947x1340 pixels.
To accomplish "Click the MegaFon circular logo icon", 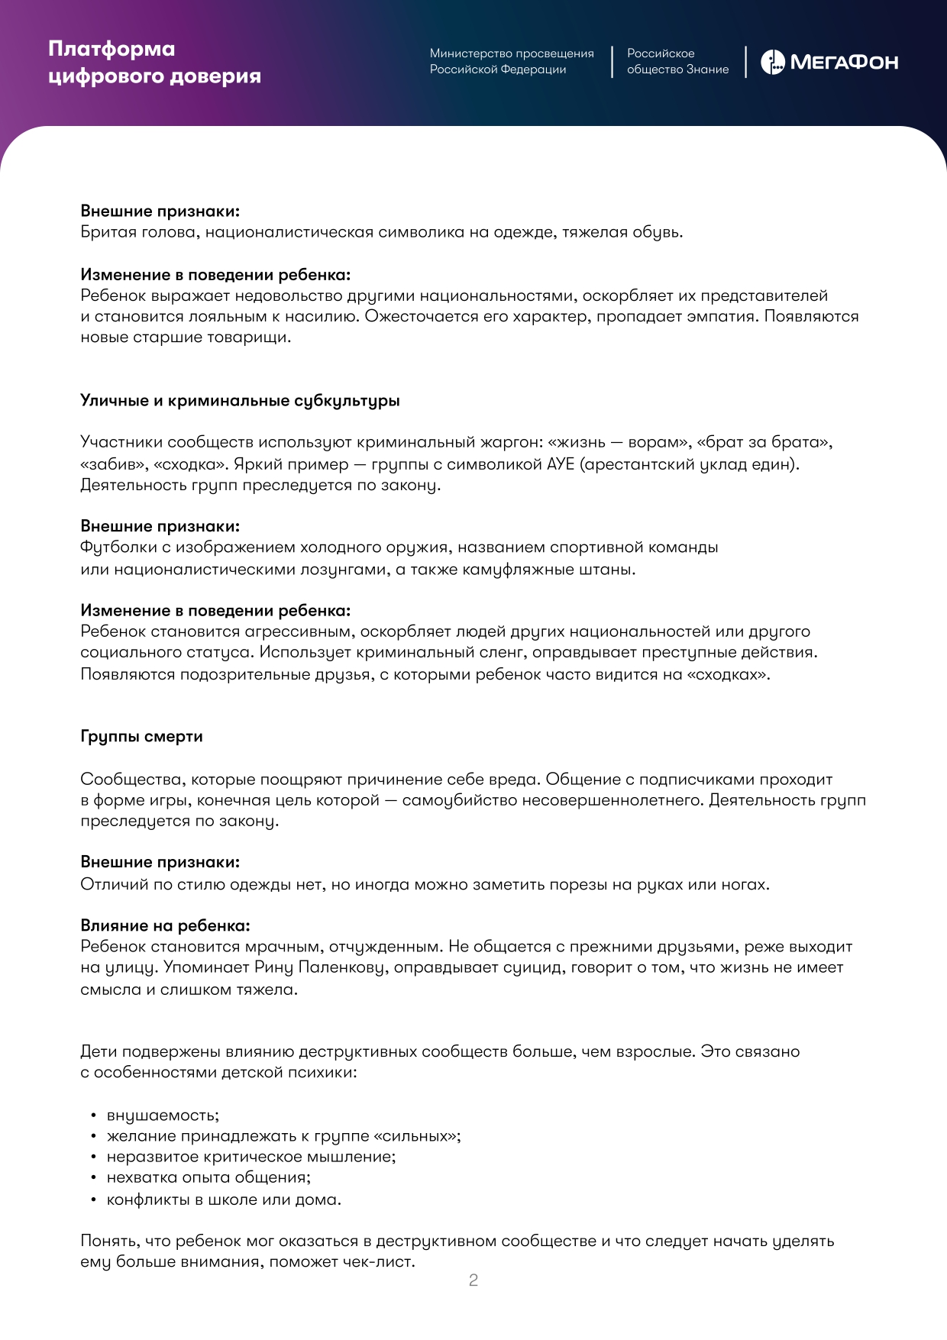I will coord(773,62).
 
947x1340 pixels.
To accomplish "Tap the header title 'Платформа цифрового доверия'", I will coord(154,62).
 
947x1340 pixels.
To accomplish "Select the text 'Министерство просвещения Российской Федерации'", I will coord(511,61).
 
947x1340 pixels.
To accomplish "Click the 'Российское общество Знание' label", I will coord(677,61).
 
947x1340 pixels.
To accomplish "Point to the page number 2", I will coord(473,1280).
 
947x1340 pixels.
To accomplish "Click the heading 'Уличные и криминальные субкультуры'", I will coord(240,401).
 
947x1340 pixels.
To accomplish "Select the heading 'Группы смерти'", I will coord(141,736).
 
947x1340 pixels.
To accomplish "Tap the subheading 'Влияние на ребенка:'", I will coord(165,925).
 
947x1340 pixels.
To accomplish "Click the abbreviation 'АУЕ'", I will coord(560,464).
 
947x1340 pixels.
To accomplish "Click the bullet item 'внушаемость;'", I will coord(163,1116).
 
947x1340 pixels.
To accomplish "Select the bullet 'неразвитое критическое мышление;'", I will coord(251,1157).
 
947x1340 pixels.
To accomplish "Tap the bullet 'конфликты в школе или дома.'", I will coord(224,1200).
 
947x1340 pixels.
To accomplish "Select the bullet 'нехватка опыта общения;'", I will coord(208,1177).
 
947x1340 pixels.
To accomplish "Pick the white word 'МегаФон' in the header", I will coord(844,63).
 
